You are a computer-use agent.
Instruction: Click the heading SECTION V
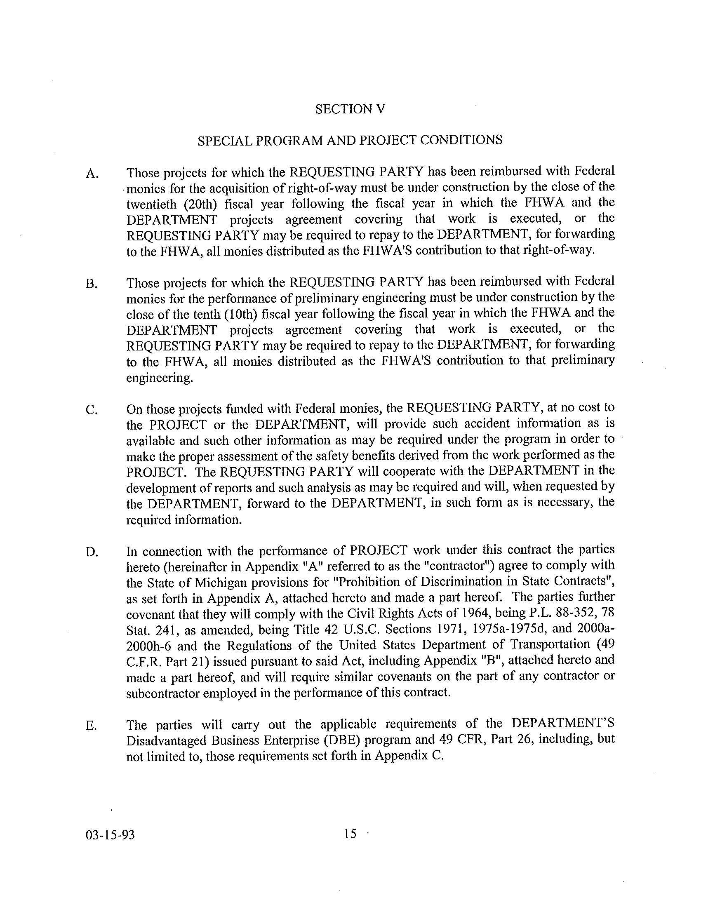[350, 109]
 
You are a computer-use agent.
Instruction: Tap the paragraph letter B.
[92, 284]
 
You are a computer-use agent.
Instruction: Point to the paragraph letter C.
[92, 410]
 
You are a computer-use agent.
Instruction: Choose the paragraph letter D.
[92, 552]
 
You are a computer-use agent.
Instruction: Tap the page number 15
[350, 833]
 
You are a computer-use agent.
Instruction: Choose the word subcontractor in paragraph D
[162, 693]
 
